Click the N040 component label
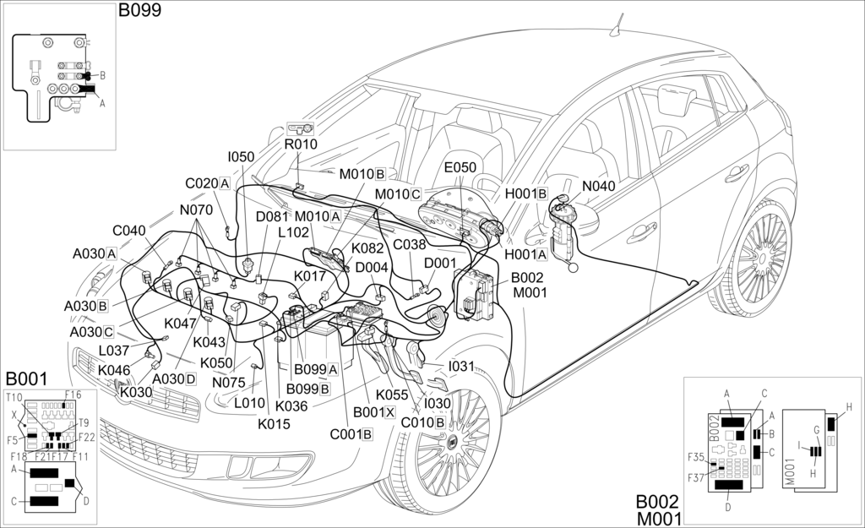[x=599, y=187]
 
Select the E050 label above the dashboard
[x=460, y=167]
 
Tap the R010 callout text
[x=300, y=144]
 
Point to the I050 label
[x=241, y=157]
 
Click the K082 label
[x=367, y=248]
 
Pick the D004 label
[x=372, y=268]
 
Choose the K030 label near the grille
[x=135, y=392]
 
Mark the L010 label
[x=249, y=403]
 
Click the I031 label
[x=462, y=366]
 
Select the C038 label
[x=410, y=245]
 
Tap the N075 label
[x=228, y=382]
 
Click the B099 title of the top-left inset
[x=139, y=10]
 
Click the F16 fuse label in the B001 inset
[x=73, y=395]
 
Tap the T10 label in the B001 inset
[x=14, y=398]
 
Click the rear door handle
[x=737, y=173]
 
